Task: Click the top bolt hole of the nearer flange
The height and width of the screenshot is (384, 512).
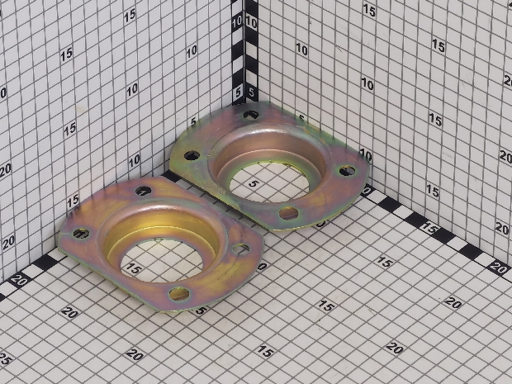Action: point(144,191)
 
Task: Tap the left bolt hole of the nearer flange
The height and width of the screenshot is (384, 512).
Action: point(81,233)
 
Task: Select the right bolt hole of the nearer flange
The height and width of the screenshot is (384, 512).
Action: point(240,249)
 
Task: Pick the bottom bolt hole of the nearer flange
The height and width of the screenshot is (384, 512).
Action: point(179,294)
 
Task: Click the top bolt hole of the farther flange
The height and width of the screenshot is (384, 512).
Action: point(251,115)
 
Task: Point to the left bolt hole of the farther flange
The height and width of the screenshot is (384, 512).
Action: point(192,155)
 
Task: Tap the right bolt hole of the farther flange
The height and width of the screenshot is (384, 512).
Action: point(347,170)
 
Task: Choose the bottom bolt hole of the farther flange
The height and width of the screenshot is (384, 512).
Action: point(289,213)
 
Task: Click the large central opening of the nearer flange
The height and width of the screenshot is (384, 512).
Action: point(162,261)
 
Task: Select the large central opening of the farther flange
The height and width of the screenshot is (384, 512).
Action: point(269,183)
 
